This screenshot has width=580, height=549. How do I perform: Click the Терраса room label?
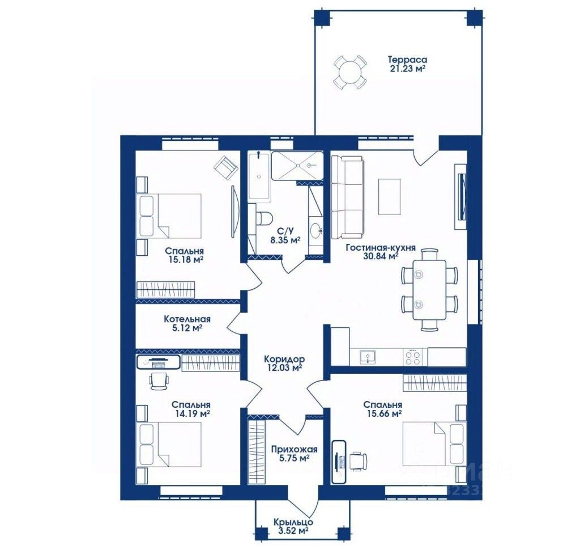click(x=407, y=60)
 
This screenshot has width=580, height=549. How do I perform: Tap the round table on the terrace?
click(x=349, y=71)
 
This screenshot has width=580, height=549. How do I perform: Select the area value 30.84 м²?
click(x=381, y=256)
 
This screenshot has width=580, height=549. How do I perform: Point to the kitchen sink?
click(x=368, y=357)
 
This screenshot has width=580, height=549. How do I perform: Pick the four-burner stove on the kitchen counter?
click(x=413, y=357)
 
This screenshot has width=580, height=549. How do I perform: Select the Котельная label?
click(x=187, y=319)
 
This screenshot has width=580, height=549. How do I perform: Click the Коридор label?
click(x=284, y=358)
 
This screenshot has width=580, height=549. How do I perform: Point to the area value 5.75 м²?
click(x=295, y=458)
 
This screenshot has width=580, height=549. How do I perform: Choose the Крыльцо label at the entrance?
click(x=293, y=522)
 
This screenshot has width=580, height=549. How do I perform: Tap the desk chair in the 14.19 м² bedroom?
click(x=160, y=381)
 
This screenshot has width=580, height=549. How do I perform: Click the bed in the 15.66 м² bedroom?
click(x=433, y=444)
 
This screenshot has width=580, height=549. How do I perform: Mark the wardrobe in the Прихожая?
click(x=257, y=452)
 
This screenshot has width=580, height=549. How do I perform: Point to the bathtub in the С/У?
click(x=258, y=176)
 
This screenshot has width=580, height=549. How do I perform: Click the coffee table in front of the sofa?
click(x=390, y=196)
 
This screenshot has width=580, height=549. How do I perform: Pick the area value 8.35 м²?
click(x=285, y=240)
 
